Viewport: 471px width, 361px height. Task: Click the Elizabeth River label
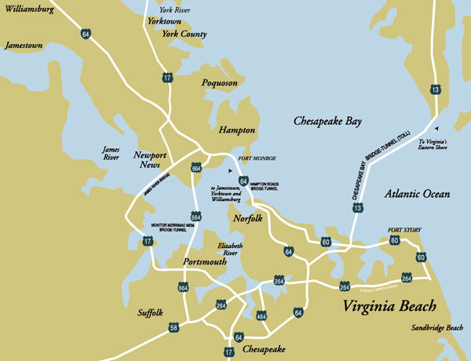point(228,250)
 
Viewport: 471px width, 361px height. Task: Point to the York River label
point(175,10)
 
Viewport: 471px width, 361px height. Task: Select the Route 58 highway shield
point(173,326)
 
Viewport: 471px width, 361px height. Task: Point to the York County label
point(184,35)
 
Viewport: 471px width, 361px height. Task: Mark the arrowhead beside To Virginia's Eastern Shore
point(436,129)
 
